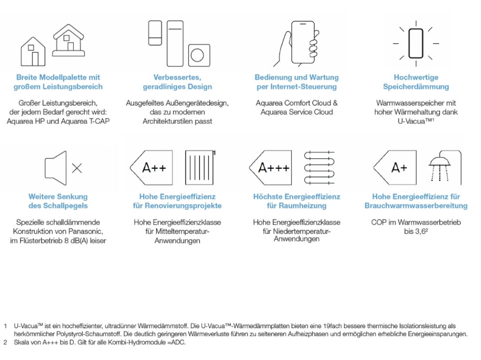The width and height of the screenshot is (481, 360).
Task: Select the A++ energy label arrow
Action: click(149, 168)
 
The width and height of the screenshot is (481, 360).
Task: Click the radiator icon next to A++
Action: click(200, 168)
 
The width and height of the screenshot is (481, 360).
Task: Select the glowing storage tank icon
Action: click(416, 43)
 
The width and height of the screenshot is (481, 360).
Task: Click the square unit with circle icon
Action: click(199, 55)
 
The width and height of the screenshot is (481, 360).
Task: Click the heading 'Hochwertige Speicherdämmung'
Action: click(416, 82)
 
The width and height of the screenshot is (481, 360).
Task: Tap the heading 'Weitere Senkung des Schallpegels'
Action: click(58, 201)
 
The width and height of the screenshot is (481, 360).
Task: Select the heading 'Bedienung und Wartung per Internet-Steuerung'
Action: click(296, 82)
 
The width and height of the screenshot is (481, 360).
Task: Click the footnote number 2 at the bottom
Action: click(5, 342)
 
